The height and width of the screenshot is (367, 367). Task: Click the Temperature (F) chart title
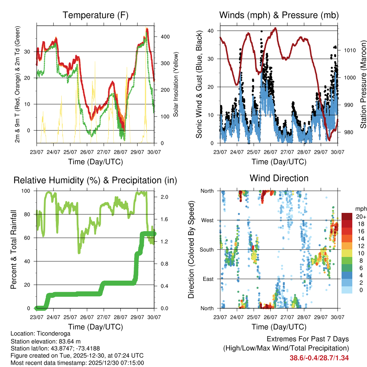pyautogui.click(x=95, y=15)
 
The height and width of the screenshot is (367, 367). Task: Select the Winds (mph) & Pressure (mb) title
pyautogui.click(x=279, y=15)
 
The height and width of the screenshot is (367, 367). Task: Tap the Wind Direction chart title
pyautogui.click(x=279, y=178)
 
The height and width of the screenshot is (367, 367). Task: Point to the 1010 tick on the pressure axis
pyautogui.click(x=350, y=51)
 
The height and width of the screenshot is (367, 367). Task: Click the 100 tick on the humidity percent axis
pyautogui.click(x=27, y=191)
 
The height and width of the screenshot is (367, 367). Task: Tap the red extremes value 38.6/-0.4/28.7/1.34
pyautogui.click(x=319, y=358)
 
